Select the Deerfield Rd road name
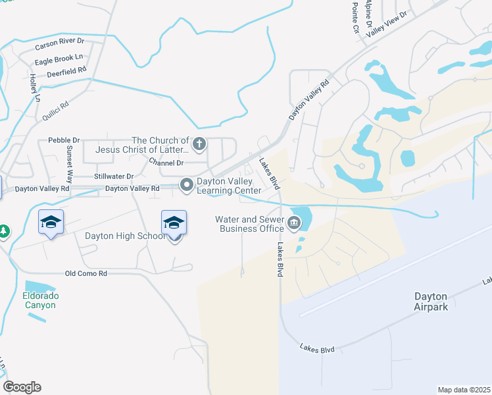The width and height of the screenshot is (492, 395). (x=66, y=70)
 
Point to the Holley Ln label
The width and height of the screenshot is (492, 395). (x=34, y=88)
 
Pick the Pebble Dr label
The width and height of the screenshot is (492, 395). (x=64, y=140)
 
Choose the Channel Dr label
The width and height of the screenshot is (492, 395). (x=167, y=161)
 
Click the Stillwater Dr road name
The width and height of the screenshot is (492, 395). (x=114, y=176)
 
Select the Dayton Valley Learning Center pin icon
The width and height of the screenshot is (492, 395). (x=187, y=186)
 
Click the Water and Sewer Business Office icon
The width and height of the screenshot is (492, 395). (x=293, y=224)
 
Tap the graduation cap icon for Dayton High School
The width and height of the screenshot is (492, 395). (x=174, y=223)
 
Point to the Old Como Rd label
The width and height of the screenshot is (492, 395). (x=86, y=273)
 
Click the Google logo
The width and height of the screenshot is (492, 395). (x=22, y=387)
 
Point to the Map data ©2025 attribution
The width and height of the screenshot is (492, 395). (x=464, y=390)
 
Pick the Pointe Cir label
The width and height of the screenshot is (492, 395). (x=355, y=18)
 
